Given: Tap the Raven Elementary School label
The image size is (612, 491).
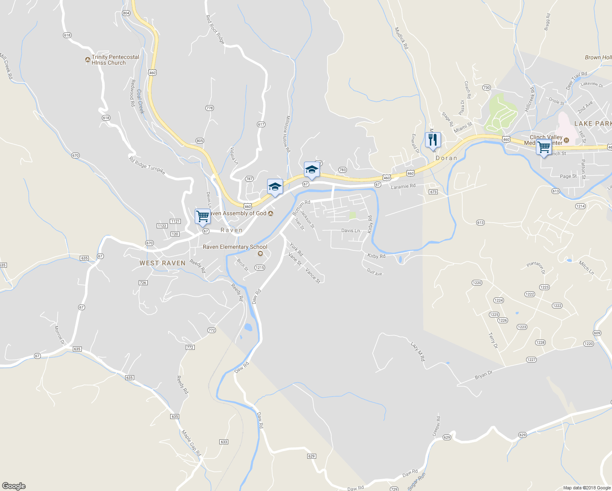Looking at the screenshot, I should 235,247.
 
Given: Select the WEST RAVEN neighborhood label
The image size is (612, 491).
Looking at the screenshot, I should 162,263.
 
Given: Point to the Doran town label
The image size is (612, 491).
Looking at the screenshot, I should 446,158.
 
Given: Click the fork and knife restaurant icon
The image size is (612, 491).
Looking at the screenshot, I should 433,140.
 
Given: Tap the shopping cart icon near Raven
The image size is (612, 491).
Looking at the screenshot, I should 203,216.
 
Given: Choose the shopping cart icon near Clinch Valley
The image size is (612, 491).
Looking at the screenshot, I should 544,147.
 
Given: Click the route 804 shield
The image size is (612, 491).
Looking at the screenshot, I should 126,13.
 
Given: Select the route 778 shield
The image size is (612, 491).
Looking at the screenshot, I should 209,108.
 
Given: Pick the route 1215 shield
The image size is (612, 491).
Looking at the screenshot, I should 260,268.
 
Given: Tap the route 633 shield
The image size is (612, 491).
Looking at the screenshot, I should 224,442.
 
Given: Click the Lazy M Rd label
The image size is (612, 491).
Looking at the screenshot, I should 418,351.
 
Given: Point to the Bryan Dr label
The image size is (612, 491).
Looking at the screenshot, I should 484,375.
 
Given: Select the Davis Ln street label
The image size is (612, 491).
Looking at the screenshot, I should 351,231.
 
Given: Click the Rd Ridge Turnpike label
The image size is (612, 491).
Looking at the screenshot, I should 147,166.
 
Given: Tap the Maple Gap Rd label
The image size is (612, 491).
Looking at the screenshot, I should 191,443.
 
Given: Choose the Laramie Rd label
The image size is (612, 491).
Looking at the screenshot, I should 403,187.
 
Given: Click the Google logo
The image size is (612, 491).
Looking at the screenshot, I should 14,486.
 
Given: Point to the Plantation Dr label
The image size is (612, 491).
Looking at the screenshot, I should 536,268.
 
